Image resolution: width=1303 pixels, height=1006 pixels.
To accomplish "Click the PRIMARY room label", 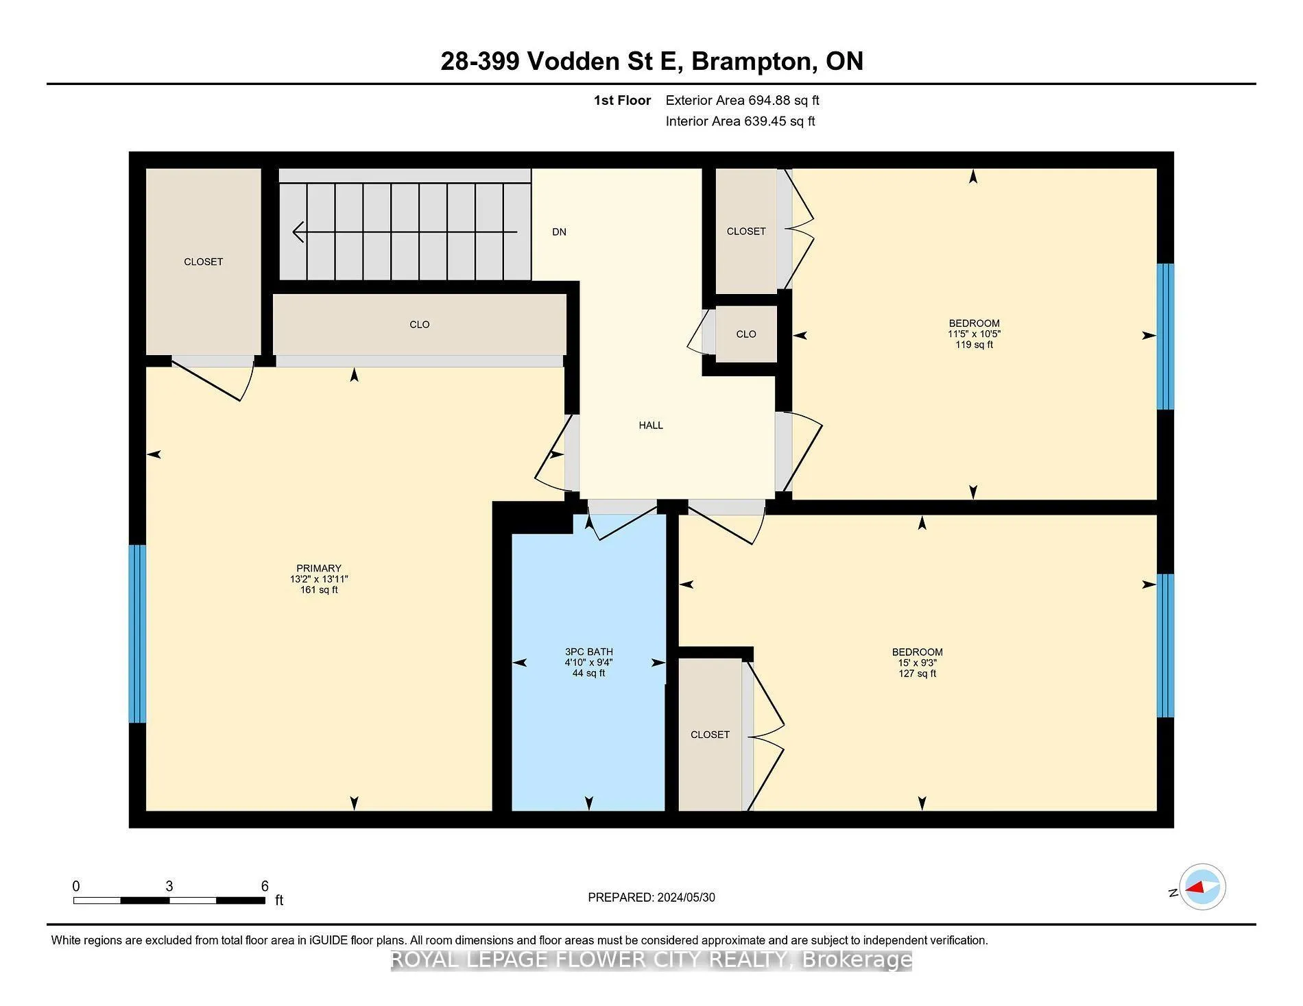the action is click(x=318, y=568).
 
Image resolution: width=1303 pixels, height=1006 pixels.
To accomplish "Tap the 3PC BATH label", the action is click(x=588, y=652).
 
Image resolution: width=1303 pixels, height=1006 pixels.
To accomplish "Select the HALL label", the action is click(x=651, y=426).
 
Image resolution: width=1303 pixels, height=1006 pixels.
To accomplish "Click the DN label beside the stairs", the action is click(x=560, y=232).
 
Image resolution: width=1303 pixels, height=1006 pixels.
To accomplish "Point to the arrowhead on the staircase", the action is click(x=298, y=232).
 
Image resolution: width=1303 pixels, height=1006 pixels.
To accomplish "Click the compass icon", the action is click(x=1203, y=887).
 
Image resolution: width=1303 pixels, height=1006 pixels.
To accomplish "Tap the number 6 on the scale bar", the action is click(x=265, y=886).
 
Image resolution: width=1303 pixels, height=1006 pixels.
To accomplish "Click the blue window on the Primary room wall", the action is click(x=138, y=634).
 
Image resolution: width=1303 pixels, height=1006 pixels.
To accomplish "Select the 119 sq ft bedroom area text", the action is click(x=974, y=345).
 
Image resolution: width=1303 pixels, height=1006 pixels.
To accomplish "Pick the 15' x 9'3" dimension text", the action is click(x=917, y=663).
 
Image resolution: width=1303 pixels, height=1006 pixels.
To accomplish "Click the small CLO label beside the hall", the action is click(x=746, y=334).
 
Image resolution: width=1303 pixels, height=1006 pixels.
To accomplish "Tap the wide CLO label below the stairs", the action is click(x=420, y=325).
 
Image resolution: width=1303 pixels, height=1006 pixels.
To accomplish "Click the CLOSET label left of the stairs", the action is click(x=204, y=262).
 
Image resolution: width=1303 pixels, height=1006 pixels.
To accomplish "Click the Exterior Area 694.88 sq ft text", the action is click(x=743, y=101).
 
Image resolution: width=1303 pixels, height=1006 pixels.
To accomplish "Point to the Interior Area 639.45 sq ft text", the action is click(x=741, y=121).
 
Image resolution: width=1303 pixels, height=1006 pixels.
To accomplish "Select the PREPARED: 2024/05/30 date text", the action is click(x=651, y=898).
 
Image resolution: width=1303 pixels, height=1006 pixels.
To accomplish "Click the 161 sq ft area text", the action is click(x=319, y=590).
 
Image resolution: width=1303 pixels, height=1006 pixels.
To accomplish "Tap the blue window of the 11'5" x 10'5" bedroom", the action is click(x=1166, y=336).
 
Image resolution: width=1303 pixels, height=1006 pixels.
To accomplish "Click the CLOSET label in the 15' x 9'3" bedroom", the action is click(x=710, y=735).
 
